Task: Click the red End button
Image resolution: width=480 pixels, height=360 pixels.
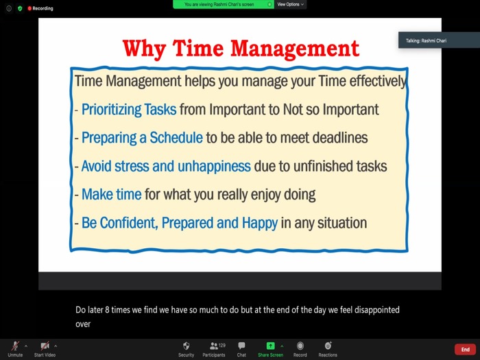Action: (465, 349)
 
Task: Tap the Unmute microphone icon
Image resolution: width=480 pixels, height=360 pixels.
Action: (15, 346)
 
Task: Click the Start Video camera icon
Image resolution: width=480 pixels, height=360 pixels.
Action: (45, 346)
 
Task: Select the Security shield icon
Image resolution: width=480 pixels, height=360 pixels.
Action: (186, 346)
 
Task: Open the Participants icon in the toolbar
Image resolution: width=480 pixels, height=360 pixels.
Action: (214, 346)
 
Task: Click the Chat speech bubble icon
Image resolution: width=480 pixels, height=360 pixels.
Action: (241, 346)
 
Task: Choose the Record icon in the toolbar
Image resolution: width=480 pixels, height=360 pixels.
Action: (300, 346)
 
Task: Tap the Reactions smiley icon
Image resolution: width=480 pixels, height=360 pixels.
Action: (328, 346)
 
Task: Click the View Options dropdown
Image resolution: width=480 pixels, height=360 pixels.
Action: (290, 4)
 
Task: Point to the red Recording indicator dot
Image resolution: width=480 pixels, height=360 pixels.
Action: (29, 8)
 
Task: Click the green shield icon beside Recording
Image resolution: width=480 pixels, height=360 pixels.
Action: (20, 8)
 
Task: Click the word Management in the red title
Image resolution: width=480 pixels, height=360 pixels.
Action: (294, 49)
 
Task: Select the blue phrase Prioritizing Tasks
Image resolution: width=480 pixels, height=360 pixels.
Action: (129, 110)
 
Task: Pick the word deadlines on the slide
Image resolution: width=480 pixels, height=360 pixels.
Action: (340, 138)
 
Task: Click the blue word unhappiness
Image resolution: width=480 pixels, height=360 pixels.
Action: (214, 167)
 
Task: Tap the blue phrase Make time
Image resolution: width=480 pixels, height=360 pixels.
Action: (111, 194)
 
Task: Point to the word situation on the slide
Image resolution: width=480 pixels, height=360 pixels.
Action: (342, 223)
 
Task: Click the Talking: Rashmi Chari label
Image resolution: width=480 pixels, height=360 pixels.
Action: (426, 40)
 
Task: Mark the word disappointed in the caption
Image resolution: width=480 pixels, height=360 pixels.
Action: (377, 310)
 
